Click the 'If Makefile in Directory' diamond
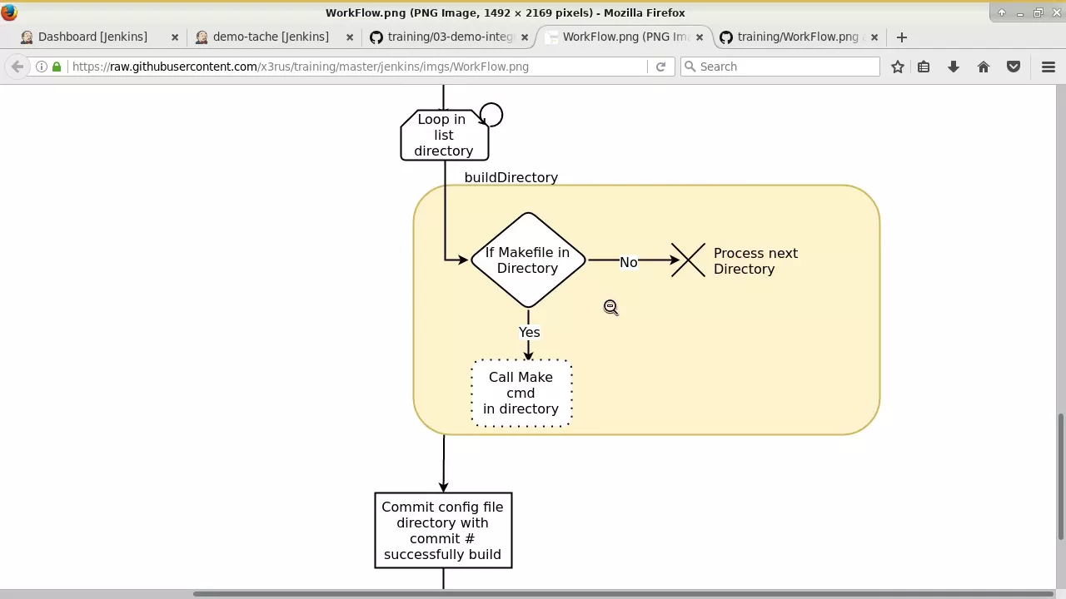(x=528, y=260)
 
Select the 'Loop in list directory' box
(x=445, y=135)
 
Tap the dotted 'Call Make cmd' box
(x=521, y=394)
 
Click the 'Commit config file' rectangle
(x=443, y=531)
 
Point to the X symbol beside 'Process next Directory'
(x=688, y=260)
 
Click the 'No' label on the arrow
(x=628, y=262)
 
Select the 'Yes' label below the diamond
(x=529, y=332)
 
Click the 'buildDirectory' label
(x=511, y=177)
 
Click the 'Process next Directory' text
(x=755, y=261)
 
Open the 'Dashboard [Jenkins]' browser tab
(x=92, y=37)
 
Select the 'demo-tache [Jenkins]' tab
(x=271, y=37)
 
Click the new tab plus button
(x=901, y=37)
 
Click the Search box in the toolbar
(x=780, y=67)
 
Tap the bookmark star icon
(x=898, y=67)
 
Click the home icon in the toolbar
(x=984, y=67)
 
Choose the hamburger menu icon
(x=1049, y=67)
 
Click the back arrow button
(x=17, y=67)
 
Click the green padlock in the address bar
(x=57, y=67)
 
